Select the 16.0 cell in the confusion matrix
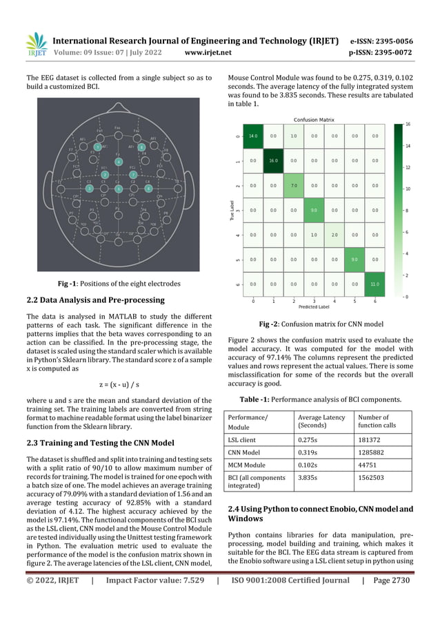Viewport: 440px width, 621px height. click(274, 160)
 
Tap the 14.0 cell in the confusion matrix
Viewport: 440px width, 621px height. click(253, 136)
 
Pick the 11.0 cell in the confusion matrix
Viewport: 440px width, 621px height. click(375, 283)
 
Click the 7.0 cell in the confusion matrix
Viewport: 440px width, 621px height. click(294, 185)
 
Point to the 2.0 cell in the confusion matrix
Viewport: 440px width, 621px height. click(334, 234)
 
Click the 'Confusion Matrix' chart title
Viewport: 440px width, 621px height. click(314, 118)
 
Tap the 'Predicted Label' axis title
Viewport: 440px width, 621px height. click(314, 308)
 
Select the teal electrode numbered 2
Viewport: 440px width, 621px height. click(104, 175)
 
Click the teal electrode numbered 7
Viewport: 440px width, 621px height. click(133, 175)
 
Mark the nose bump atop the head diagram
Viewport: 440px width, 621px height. click(118, 115)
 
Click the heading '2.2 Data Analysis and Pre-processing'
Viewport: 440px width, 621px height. click(95, 299)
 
